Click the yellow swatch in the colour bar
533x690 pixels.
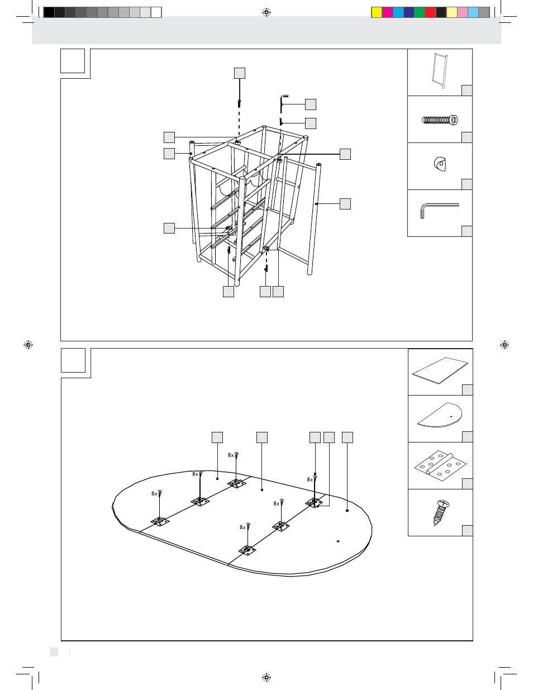[377, 12]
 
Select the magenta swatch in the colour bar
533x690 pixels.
[387, 12]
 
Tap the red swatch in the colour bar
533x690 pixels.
[430, 12]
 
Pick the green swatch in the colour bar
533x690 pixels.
[420, 12]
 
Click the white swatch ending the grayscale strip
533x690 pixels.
[156, 12]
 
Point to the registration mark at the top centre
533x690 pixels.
[266, 12]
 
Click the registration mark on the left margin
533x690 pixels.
[28, 345]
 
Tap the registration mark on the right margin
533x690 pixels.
[505, 345]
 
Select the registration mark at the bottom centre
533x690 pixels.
[266, 677]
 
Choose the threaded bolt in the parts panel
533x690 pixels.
[440, 120]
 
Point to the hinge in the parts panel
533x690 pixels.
[440, 465]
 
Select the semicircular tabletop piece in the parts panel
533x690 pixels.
[440, 415]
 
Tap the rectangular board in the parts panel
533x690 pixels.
[440, 370]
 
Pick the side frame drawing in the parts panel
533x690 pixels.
[439, 70]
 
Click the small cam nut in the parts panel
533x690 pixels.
[440, 164]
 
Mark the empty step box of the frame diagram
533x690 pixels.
[73, 61]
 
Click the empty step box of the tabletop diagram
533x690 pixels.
[73, 360]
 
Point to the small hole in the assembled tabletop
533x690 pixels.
[338, 541]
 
